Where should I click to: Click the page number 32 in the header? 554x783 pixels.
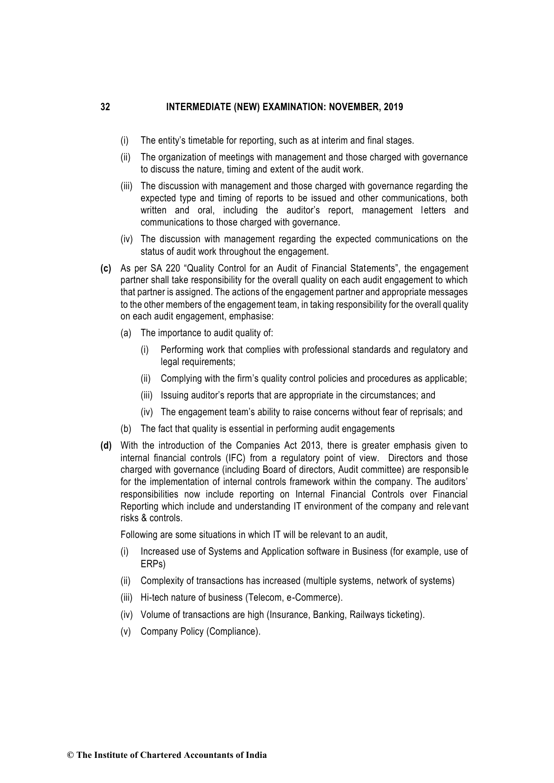pos(105,107)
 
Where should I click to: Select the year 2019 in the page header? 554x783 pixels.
pos(394,107)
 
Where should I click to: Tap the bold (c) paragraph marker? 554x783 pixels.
pos(106,268)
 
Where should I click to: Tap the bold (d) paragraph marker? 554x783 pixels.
pos(106,446)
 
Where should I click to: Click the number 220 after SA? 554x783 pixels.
pos(173,268)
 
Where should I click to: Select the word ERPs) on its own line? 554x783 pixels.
pos(153,564)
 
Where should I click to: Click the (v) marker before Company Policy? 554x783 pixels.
pos(125,631)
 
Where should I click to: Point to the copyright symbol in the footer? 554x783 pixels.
pos(70,755)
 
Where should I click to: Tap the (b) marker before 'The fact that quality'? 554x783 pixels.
pos(126,429)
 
